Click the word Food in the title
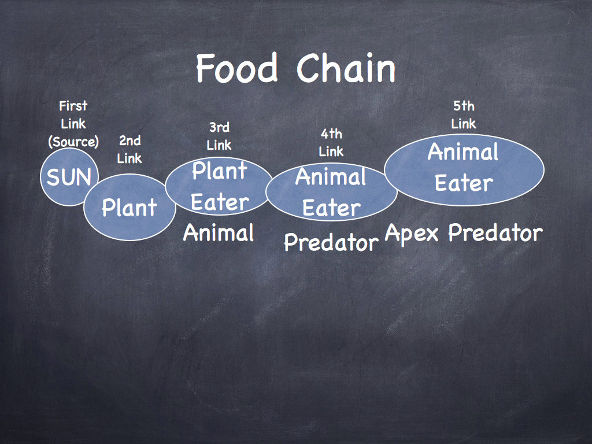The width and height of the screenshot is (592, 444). point(236,68)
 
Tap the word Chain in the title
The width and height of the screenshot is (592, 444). point(346,68)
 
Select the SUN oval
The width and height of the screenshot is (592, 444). point(69,177)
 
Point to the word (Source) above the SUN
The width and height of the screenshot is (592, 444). point(73,142)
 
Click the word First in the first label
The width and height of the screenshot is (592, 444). point(73,106)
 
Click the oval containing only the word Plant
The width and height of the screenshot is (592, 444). point(129,207)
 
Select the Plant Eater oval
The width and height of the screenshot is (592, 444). point(219,186)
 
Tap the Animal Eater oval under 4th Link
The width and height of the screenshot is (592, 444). point(331,192)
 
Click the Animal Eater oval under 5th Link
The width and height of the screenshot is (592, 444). point(464,169)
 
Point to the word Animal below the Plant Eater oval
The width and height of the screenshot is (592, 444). point(219,232)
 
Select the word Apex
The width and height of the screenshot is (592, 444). point(412,234)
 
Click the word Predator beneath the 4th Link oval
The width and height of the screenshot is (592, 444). point(331,242)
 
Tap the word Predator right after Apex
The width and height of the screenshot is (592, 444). point(495,232)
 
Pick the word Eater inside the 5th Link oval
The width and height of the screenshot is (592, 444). point(464,183)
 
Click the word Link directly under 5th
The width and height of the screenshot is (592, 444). point(464,124)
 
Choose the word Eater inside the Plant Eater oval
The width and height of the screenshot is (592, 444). point(220,202)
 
